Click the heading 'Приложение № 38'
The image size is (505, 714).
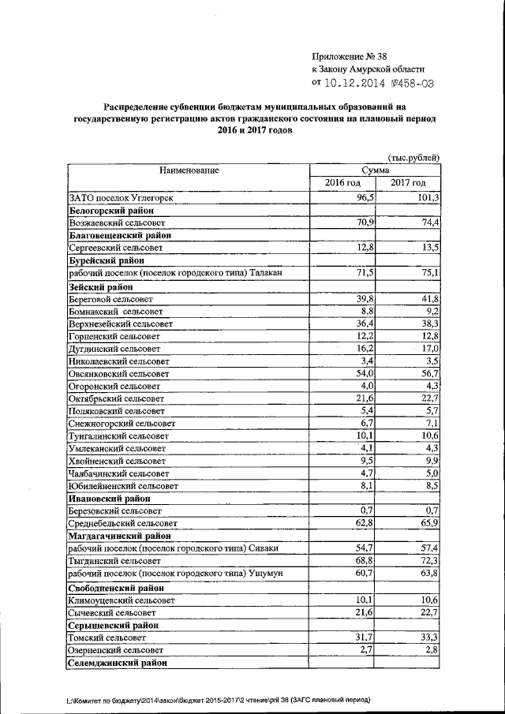350,56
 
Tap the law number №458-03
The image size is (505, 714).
415,82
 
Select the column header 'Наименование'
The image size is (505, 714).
189,170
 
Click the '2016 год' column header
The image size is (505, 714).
343,183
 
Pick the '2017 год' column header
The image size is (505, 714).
408,183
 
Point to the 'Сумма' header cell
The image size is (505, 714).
375,170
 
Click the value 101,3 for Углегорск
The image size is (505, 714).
426,198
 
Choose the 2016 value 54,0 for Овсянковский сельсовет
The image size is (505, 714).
361,374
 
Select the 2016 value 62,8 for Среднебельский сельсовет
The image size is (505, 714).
361,522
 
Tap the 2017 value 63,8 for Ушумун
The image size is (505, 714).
428,572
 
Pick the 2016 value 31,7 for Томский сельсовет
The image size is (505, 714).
361,636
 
